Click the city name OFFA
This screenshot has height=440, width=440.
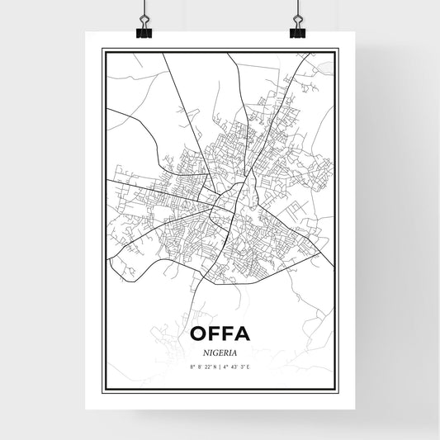pyautogui.click(x=219, y=334)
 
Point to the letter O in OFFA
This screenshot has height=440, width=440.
pyautogui.click(x=200, y=334)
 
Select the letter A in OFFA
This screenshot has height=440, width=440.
pyautogui.click(x=240, y=334)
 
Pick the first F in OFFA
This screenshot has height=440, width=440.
pyautogui.click(x=215, y=334)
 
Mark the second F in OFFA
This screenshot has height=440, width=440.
pyautogui.click(x=227, y=334)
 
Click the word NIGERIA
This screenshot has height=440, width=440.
pyautogui.click(x=220, y=350)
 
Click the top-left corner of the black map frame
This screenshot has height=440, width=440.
pyautogui.click(x=102, y=50)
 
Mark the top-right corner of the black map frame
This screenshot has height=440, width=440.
pyautogui.click(x=338, y=50)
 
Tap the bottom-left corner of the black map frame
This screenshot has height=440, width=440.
pyautogui.click(x=102, y=390)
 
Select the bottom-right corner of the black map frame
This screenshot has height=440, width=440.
pyautogui.click(x=338, y=390)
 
